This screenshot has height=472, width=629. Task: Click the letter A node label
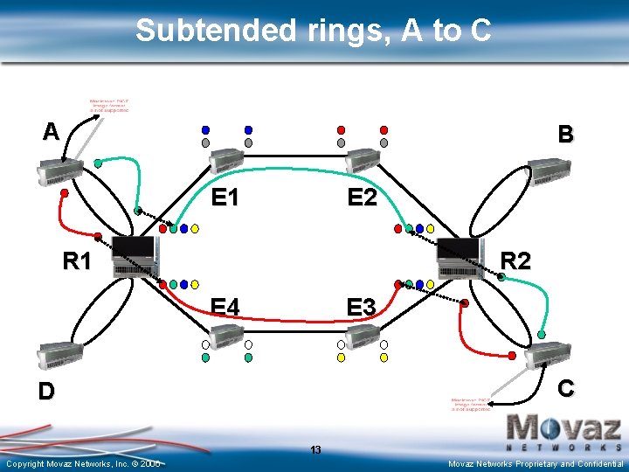coord(52,132)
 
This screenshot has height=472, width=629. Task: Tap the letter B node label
coord(566,135)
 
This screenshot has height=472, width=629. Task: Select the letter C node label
coord(566,387)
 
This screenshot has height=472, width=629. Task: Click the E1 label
coord(225,198)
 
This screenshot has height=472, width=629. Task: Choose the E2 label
coord(362,198)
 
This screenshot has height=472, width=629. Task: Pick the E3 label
coord(361,308)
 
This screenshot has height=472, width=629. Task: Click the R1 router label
coord(78,260)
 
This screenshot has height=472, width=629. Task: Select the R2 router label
coord(516,260)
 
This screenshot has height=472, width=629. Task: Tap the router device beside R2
coord(460,256)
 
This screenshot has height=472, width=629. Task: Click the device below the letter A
coord(59,173)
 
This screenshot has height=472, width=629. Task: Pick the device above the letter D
coord(59,354)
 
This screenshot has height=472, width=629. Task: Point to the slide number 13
coord(315,450)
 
